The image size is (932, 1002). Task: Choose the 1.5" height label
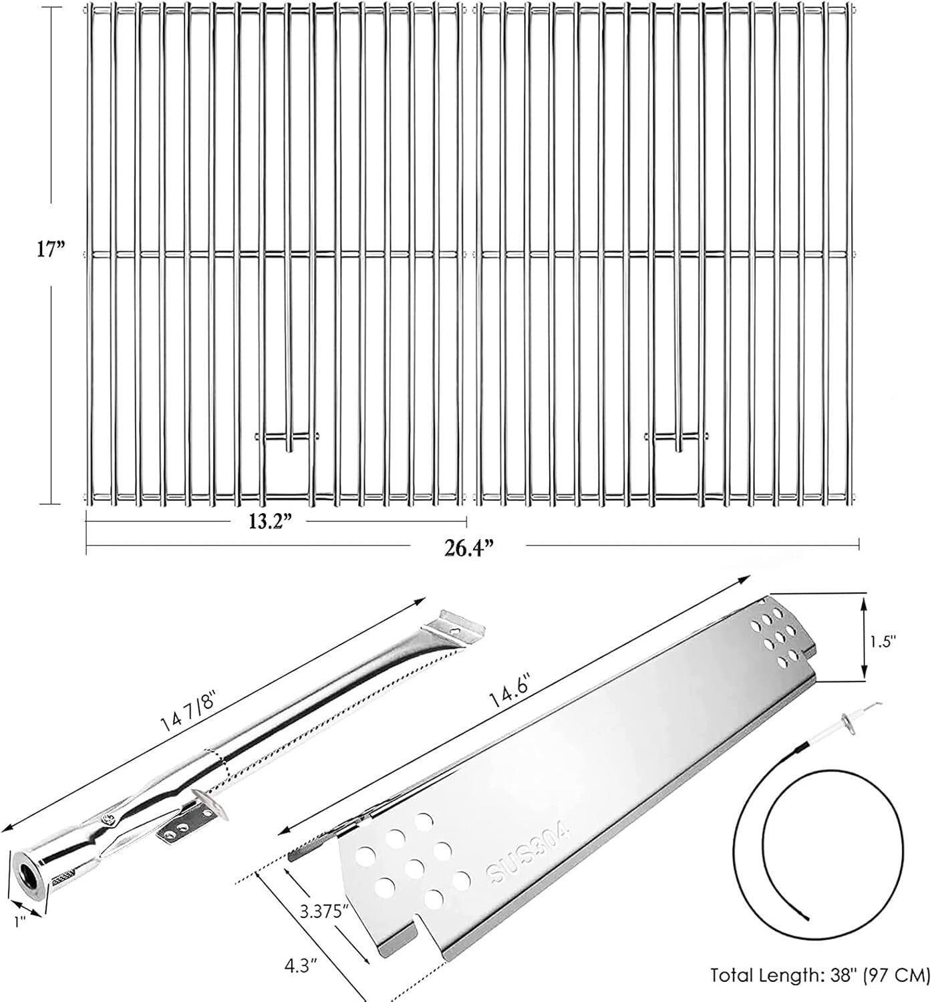click(x=883, y=640)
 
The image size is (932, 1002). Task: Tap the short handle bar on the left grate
click(x=287, y=437)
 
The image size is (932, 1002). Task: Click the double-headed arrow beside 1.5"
click(x=864, y=639)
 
